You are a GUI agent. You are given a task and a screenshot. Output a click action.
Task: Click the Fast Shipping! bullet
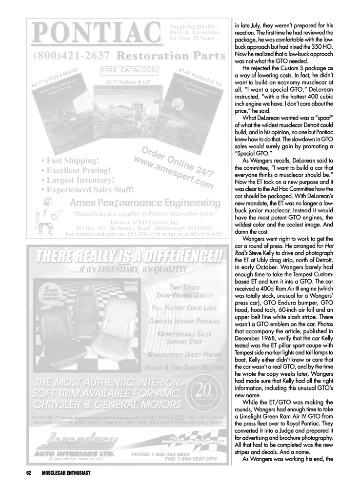(71, 161)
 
